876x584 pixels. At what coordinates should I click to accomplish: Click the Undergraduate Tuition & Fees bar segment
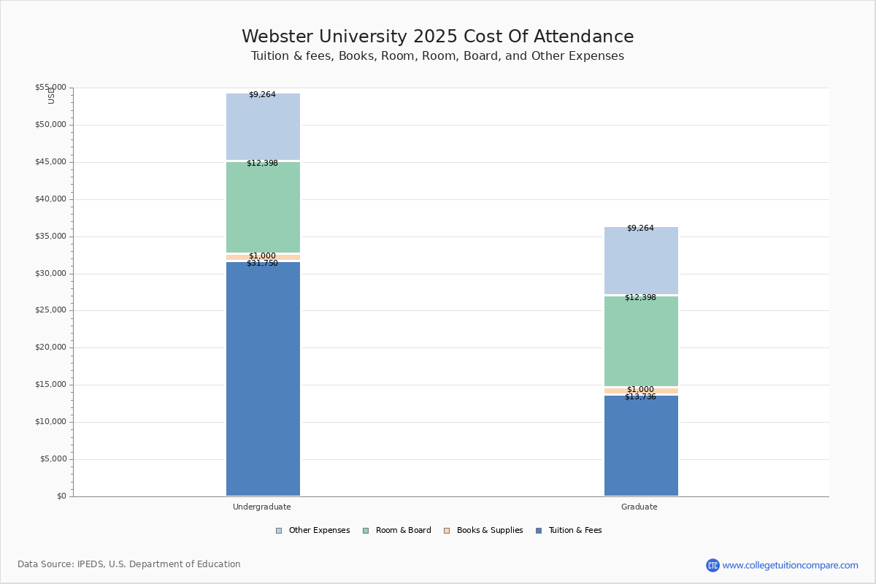tap(263, 380)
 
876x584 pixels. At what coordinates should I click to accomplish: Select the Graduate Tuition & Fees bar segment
tap(641, 445)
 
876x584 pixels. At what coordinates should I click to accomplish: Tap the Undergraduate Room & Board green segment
tap(263, 207)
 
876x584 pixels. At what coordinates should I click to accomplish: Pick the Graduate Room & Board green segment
tap(641, 341)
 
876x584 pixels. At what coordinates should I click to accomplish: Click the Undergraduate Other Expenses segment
tap(263, 127)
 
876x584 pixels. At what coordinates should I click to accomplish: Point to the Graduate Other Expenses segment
tap(641, 261)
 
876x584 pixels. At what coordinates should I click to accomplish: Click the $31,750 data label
tap(262, 264)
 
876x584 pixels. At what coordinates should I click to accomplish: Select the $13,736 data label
tap(640, 397)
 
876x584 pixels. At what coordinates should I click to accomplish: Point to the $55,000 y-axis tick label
tap(50, 88)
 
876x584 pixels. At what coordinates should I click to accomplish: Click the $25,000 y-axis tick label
tap(50, 310)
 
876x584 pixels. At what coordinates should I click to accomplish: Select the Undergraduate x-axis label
tap(262, 507)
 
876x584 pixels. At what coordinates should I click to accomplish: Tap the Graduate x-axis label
tap(639, 507)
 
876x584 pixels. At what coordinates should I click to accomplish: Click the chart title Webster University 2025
tap(438, 37)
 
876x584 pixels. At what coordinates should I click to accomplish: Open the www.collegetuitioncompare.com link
tap(790, 565)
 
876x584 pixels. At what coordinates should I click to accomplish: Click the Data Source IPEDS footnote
tap(129, 564)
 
